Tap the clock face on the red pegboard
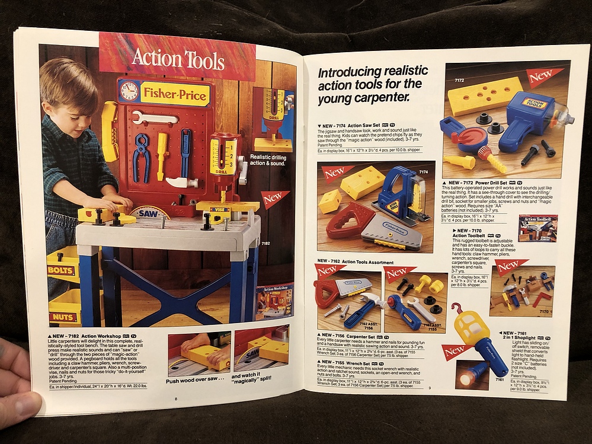coord(129,91)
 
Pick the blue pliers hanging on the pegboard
coord(142,156)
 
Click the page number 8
coord(175,399)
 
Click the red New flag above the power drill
coord(543,76)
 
